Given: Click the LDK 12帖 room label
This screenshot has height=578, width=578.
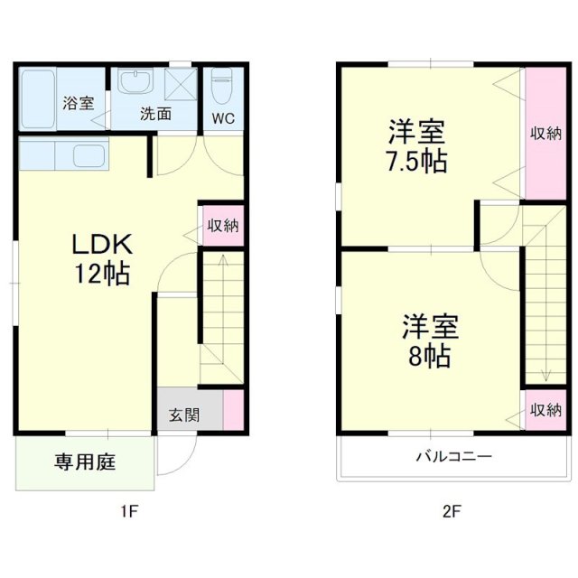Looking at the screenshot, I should click(102, 258).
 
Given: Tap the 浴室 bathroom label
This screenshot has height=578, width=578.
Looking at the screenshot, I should click(78, 103).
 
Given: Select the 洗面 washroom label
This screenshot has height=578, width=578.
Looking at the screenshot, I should click(155, 115).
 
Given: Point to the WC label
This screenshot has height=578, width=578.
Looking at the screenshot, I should click(222, 118).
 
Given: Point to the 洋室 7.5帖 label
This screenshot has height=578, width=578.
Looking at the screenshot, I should click(416, 147).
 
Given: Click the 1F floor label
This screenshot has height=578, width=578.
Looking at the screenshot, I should click(129, 512).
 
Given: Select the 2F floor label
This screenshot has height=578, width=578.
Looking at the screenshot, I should click(452, 512).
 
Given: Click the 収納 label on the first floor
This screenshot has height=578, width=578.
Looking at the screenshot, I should click(222, 226).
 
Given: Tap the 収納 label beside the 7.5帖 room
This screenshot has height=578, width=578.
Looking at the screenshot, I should click(545, 134).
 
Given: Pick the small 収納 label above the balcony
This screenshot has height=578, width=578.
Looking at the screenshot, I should click(545, 410).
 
